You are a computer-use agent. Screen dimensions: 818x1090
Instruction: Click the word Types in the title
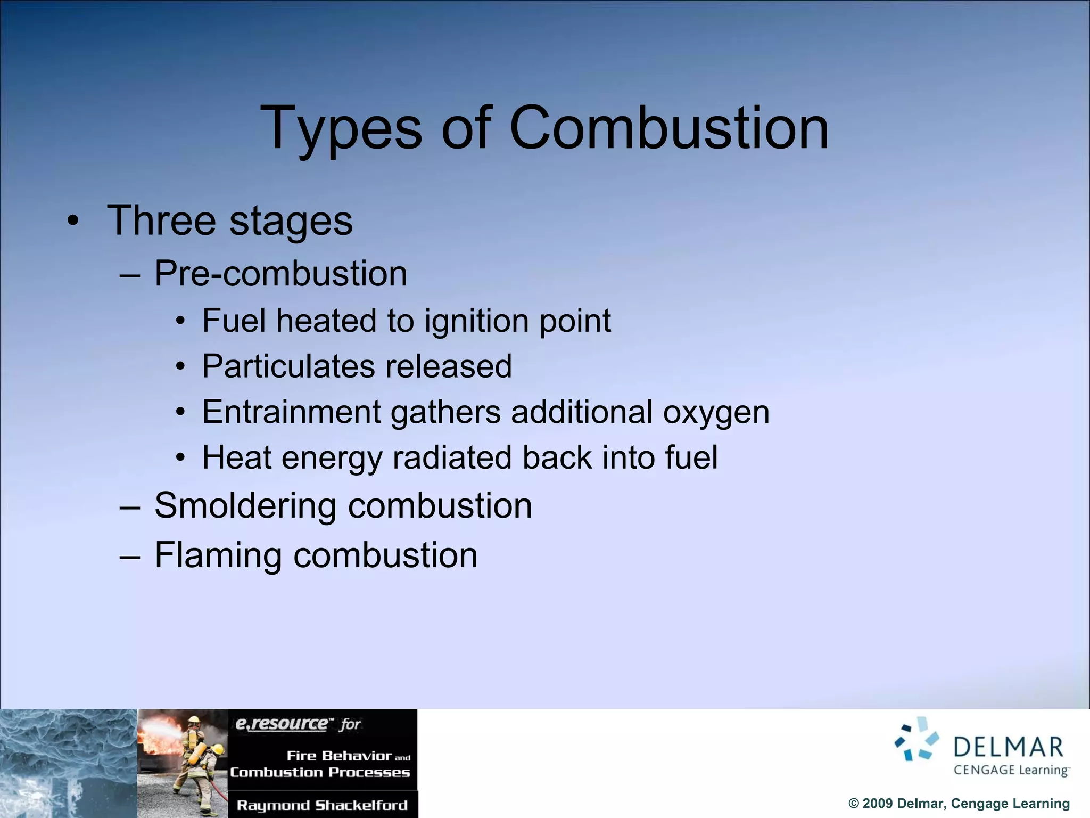coord(341,129)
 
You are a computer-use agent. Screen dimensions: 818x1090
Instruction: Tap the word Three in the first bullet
coord(161,220)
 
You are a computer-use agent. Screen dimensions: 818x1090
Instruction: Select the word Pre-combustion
coord(280,274)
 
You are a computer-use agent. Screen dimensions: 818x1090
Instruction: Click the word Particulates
coord(289,366)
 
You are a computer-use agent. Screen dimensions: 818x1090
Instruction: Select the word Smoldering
coord(245,505)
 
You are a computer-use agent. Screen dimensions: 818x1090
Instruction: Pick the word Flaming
coord(218,555)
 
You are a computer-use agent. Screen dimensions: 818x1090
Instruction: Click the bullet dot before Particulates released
coord(181,367)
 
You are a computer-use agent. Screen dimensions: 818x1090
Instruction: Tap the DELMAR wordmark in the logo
coord(1008,748)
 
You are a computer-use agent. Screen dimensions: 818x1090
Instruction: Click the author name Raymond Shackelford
coord(322,805)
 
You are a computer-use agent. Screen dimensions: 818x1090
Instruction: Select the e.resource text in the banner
coord(282,724)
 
